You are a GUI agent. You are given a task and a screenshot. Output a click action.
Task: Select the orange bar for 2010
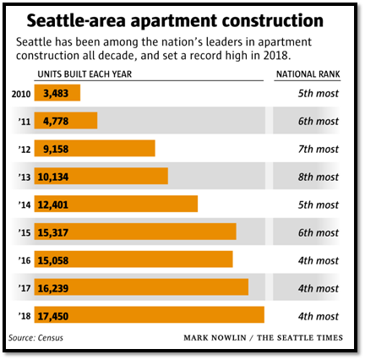57,93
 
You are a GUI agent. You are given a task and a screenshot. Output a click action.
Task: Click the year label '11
25,121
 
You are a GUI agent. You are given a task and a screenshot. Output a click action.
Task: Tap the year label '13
25,177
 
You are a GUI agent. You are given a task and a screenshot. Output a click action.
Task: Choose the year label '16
25,260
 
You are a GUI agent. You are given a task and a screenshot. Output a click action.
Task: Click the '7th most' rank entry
318,149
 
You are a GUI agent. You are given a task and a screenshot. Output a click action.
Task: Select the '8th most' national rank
318,177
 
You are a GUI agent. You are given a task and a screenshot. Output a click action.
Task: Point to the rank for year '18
318,316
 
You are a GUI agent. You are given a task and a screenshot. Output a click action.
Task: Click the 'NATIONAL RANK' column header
308,74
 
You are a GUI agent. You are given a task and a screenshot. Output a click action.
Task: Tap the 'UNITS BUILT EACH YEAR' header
84,74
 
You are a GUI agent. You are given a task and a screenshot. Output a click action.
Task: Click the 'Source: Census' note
35,338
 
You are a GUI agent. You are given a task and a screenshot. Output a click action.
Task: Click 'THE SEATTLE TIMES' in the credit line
300,338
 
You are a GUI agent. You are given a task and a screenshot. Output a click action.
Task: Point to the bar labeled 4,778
66,121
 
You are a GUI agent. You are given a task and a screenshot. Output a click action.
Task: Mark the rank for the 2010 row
318,93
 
